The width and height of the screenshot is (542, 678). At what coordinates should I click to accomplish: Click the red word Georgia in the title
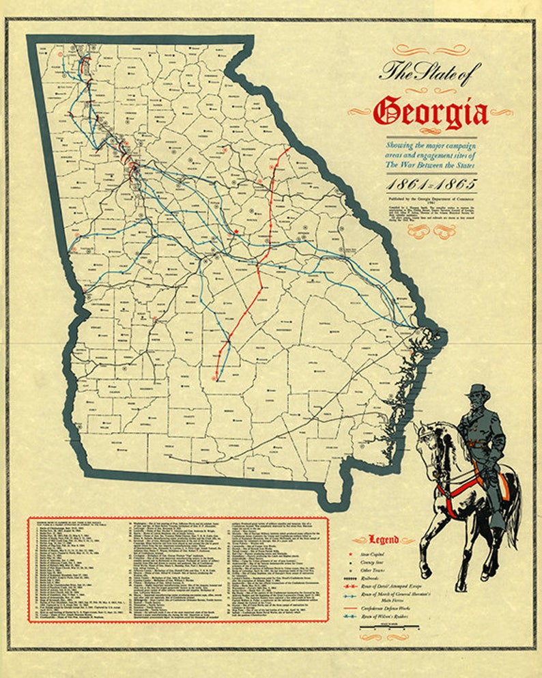(x=431, y=112)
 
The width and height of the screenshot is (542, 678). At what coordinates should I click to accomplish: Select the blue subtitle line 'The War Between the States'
(x=429, y=165)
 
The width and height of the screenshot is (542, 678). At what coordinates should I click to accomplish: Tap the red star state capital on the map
(x=236, y=232)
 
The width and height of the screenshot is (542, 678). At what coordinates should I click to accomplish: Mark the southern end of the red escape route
(x=216, y=377)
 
